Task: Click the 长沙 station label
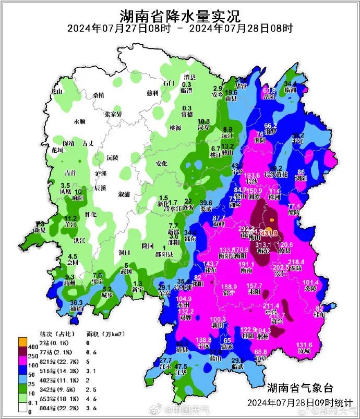252,181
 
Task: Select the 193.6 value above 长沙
252,176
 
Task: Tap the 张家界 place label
113,114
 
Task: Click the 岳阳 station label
269,96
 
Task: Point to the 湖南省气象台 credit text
299,388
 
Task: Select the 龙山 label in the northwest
56,91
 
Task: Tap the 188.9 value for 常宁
230,287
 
